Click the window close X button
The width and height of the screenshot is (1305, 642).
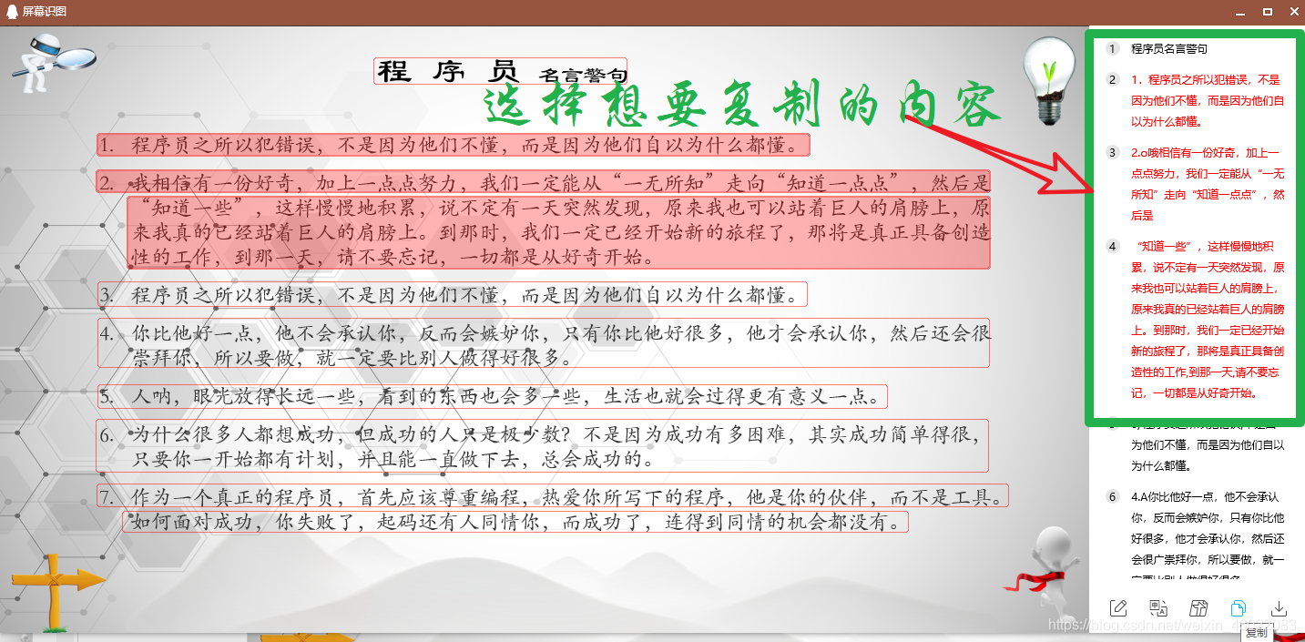(x=1293, y=12)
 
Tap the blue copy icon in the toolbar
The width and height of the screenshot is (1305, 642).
(x=1238, y=608)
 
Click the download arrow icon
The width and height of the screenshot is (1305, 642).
(x=1279, y=608)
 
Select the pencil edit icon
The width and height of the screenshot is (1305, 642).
(x=1118, y=608)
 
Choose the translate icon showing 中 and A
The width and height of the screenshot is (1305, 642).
(x=1158, y=608)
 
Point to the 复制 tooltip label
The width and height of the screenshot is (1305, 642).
(x=1257, y=633)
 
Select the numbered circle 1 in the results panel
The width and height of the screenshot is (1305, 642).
(x=1112, y=48)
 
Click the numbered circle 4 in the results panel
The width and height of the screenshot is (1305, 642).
(x=1112, y=246)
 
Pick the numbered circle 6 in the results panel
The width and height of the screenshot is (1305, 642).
(x=1112, y=497)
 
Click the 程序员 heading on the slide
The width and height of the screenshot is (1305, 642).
(x=448, y=71)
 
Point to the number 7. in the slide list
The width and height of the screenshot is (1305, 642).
(x=107, y=497)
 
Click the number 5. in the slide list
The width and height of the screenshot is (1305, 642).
(x=107, y=396)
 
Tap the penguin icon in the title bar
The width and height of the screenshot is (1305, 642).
(x=12, y=11)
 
